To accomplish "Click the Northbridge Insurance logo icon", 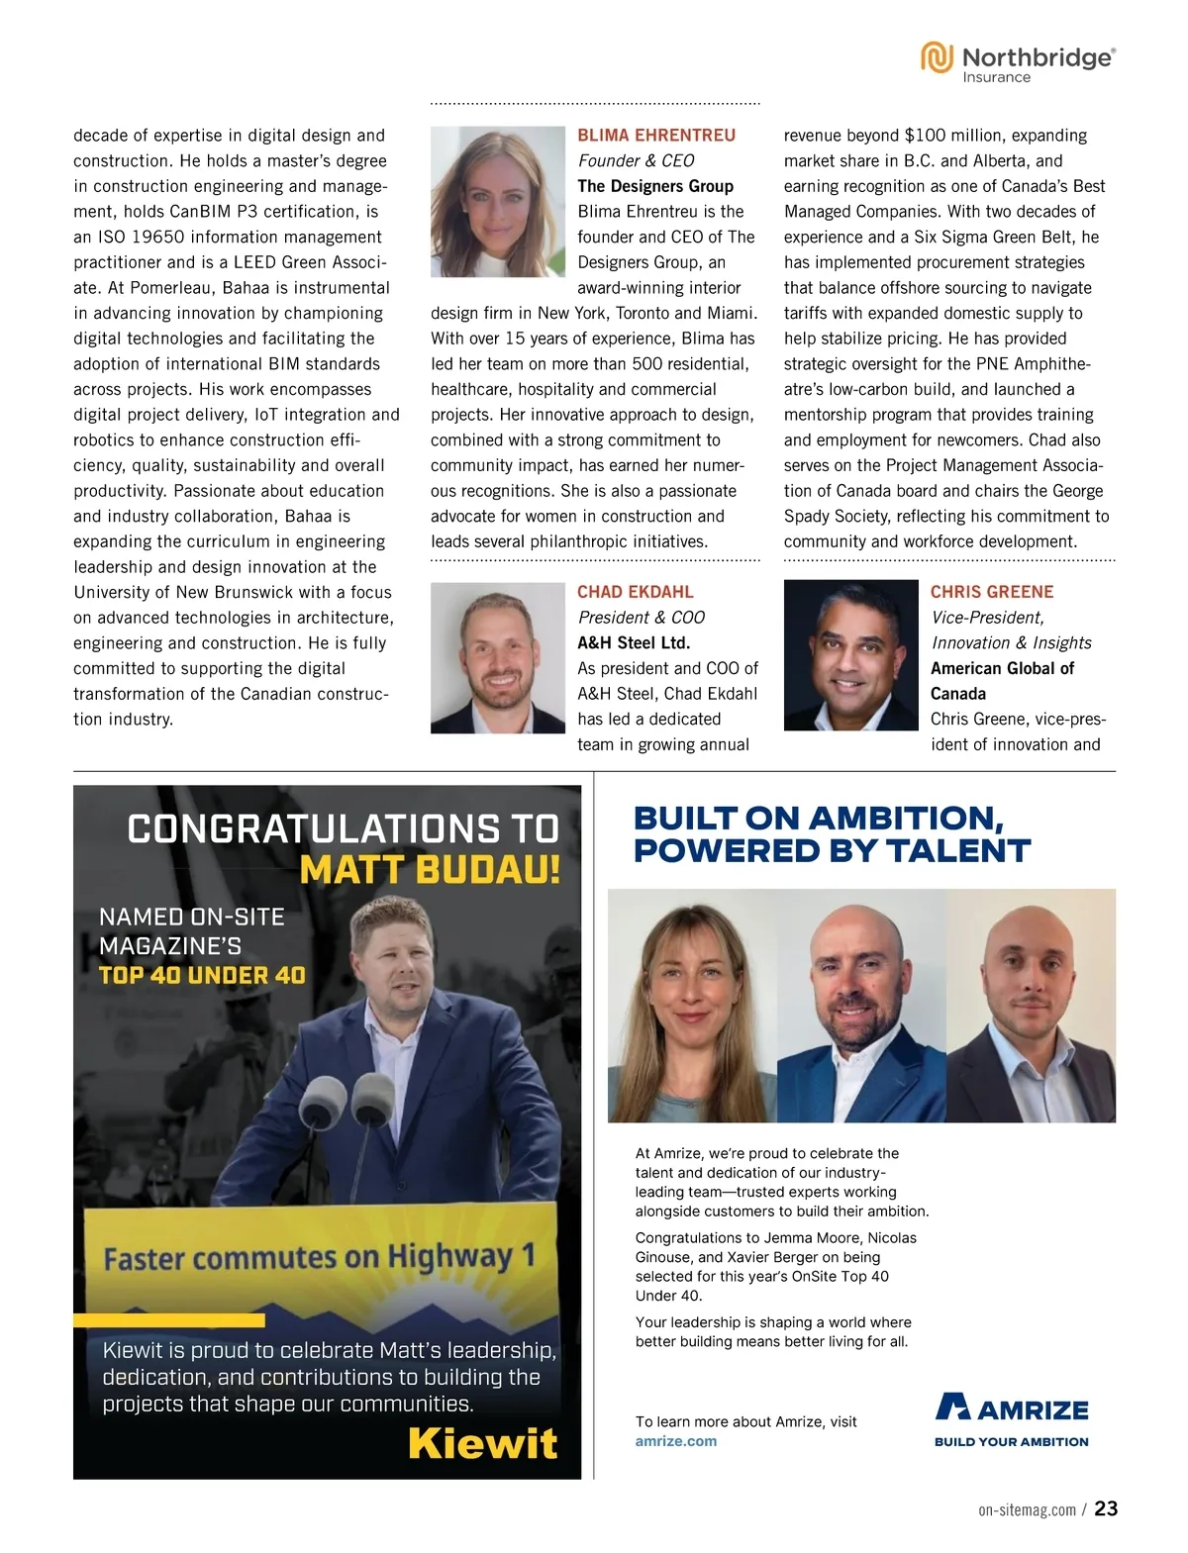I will (x=937, y=57).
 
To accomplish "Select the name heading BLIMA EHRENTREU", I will (x=656, y=135).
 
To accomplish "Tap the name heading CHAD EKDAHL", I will (x=636, y=592).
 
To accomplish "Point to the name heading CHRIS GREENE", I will (x=992, y=592).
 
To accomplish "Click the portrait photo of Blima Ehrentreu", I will (x=497, y=202).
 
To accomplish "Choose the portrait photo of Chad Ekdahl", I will (x=497, y=657).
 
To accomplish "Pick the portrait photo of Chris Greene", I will (x=850, y=655).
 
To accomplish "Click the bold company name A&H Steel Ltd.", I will (x=634, y=642).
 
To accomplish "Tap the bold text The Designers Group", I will (x=655, y=186).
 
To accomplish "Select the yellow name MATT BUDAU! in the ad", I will (x=430, y=870).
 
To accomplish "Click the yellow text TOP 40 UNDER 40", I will (x=202, y=975).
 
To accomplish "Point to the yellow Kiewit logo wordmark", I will (x=483, y=1443).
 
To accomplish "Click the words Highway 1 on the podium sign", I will (x=461, y=1256).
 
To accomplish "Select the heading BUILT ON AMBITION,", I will (x=819, y=818).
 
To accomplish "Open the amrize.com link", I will (x=676, y=1441).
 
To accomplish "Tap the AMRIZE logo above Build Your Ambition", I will (x=1011, y=1407).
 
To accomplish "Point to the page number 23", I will (x=1106, y=1508).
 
